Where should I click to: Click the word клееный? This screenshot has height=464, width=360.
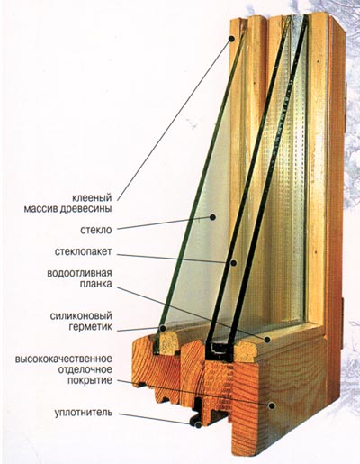pos(92,198)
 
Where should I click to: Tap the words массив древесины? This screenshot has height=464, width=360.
pos(67,209)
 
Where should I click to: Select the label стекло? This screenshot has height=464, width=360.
pos(96,230)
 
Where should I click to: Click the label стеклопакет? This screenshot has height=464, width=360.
pos(83,251)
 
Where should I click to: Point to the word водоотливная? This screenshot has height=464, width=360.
pos(79,273)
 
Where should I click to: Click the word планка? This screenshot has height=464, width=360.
pos(95,284)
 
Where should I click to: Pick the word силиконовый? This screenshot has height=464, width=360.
pos(81,316)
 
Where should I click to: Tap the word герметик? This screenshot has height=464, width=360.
pos(91,327)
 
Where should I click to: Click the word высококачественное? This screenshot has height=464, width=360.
pos(64,359)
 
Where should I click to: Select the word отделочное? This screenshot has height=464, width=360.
pos(85,369)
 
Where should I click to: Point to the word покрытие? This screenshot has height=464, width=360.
pos(90,380)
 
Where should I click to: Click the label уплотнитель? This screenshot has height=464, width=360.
pos(84,413)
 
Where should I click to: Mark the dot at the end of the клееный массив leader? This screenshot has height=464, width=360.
pos(231,39)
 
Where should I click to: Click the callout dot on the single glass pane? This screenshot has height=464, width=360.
pos(212,217)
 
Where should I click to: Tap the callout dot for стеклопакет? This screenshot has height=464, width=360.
pos(233,263)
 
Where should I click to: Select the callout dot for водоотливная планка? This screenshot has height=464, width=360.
pos(267,340)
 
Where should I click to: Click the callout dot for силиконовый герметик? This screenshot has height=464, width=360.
pos(163,328)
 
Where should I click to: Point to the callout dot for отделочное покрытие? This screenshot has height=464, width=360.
pos(272,405)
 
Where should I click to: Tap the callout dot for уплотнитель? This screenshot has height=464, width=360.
pos(198,424)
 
